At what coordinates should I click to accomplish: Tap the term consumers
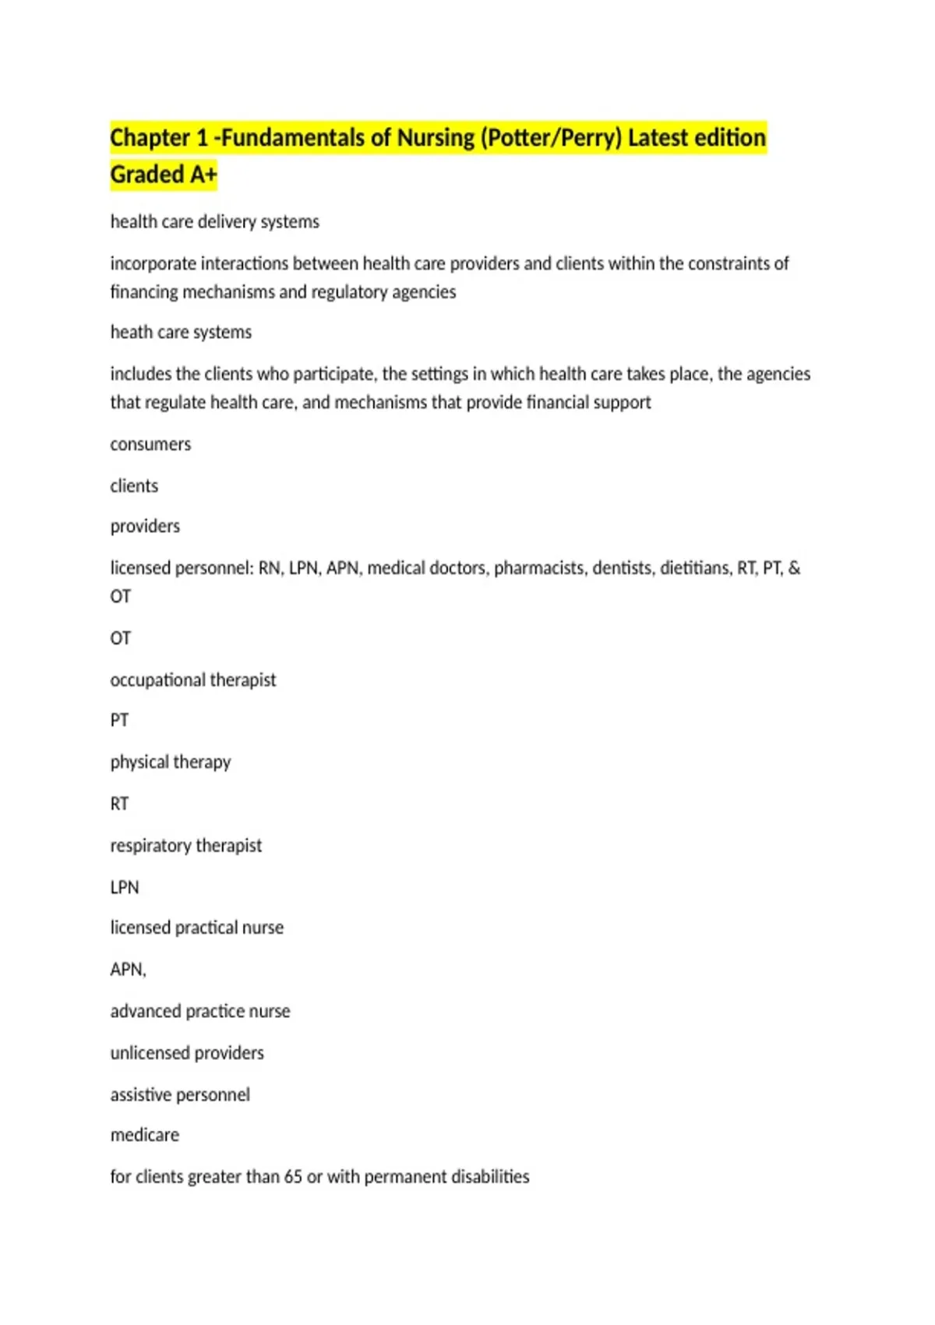click(150, 444)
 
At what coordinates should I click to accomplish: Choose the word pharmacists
click(541, 568)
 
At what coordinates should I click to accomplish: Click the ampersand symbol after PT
click(794, 568)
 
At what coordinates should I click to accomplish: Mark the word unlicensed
click(150, 1053)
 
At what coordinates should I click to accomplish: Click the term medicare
click(145, 1136)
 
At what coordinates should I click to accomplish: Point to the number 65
click(293, 1177)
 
